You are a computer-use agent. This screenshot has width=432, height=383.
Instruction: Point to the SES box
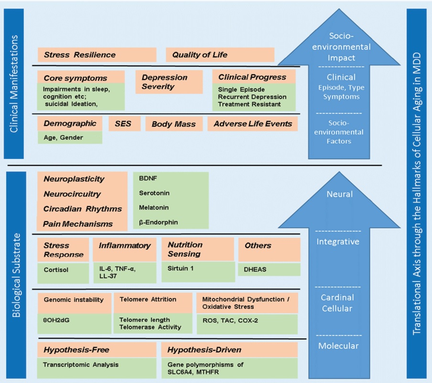coord(123,124)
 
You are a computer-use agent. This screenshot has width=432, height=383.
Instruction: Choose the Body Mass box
coord(174,124)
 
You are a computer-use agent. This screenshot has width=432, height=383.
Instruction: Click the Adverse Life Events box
coord(253,124)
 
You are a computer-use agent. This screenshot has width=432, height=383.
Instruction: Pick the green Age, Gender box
coord(70,137)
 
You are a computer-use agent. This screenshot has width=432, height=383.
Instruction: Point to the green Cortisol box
coord(63,270)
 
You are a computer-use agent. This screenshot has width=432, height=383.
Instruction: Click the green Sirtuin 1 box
coord(197,269)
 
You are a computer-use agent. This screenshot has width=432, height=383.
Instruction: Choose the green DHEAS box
coord(269,269)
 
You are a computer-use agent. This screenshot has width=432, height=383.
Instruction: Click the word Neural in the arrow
coord(340,194)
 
